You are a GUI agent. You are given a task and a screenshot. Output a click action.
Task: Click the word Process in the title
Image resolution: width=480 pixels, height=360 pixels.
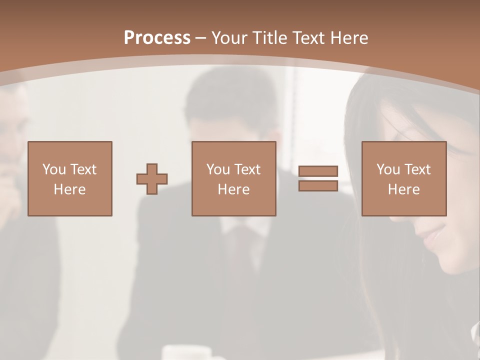157,38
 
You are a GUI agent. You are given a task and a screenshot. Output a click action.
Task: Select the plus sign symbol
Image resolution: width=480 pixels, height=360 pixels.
152,179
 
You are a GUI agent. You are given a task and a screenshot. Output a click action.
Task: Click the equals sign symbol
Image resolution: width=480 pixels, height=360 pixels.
318,178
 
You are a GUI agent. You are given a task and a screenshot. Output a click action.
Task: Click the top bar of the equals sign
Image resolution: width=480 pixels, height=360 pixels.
318,171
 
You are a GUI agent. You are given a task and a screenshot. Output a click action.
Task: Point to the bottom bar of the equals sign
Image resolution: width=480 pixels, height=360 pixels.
318,186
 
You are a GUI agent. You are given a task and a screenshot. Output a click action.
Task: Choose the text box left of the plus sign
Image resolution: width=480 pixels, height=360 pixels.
70,178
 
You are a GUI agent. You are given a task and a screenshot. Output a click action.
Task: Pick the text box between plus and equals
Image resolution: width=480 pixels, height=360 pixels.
234,178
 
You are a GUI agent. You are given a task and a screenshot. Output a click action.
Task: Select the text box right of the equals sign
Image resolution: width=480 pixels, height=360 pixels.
404,178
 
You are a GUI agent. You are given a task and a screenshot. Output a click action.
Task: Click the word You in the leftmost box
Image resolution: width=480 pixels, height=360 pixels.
53,169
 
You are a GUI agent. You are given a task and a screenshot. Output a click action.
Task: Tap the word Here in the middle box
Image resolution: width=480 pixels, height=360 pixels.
234,189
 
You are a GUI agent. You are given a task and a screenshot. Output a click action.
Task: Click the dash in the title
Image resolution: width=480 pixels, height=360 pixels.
201,38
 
